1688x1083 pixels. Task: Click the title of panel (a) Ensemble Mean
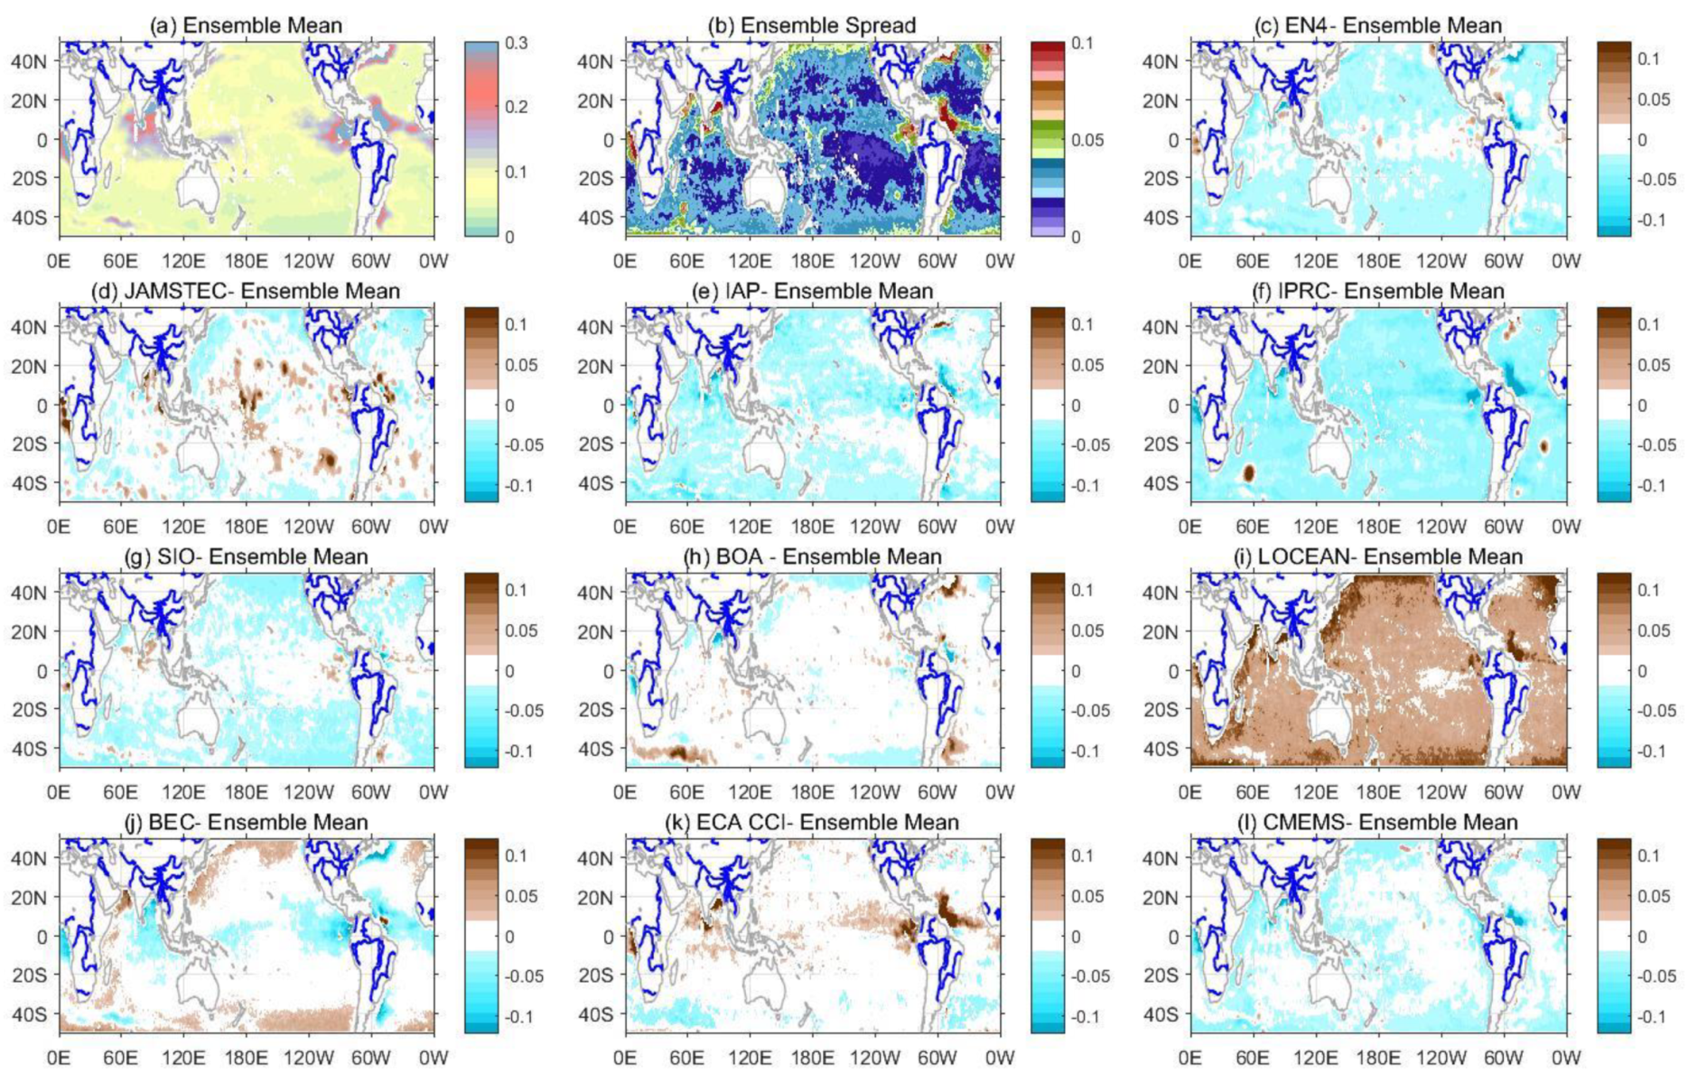[x=246, y=25]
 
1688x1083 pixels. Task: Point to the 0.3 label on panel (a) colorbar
[x=516, y=43]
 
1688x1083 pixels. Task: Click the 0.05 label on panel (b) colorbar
[x=1086, y=140]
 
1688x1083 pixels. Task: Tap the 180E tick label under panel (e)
[x=812, y=526]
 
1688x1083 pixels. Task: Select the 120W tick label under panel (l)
[x=1441, y=1057]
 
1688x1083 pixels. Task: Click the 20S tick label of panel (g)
[x=29, y=710]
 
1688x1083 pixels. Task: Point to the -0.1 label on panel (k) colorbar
[x=1087, y=1016]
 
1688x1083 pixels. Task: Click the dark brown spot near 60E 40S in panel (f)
[x=1249, y=471]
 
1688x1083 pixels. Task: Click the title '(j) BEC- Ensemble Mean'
[x=246, y=822]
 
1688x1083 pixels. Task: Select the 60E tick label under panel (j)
[x=120, y=1057]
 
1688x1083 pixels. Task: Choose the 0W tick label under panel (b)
[x=1000, y=260]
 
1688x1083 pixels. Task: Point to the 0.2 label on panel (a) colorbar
[x=516, y=107]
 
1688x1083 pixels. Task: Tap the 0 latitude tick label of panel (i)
[x=1173, y=671]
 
